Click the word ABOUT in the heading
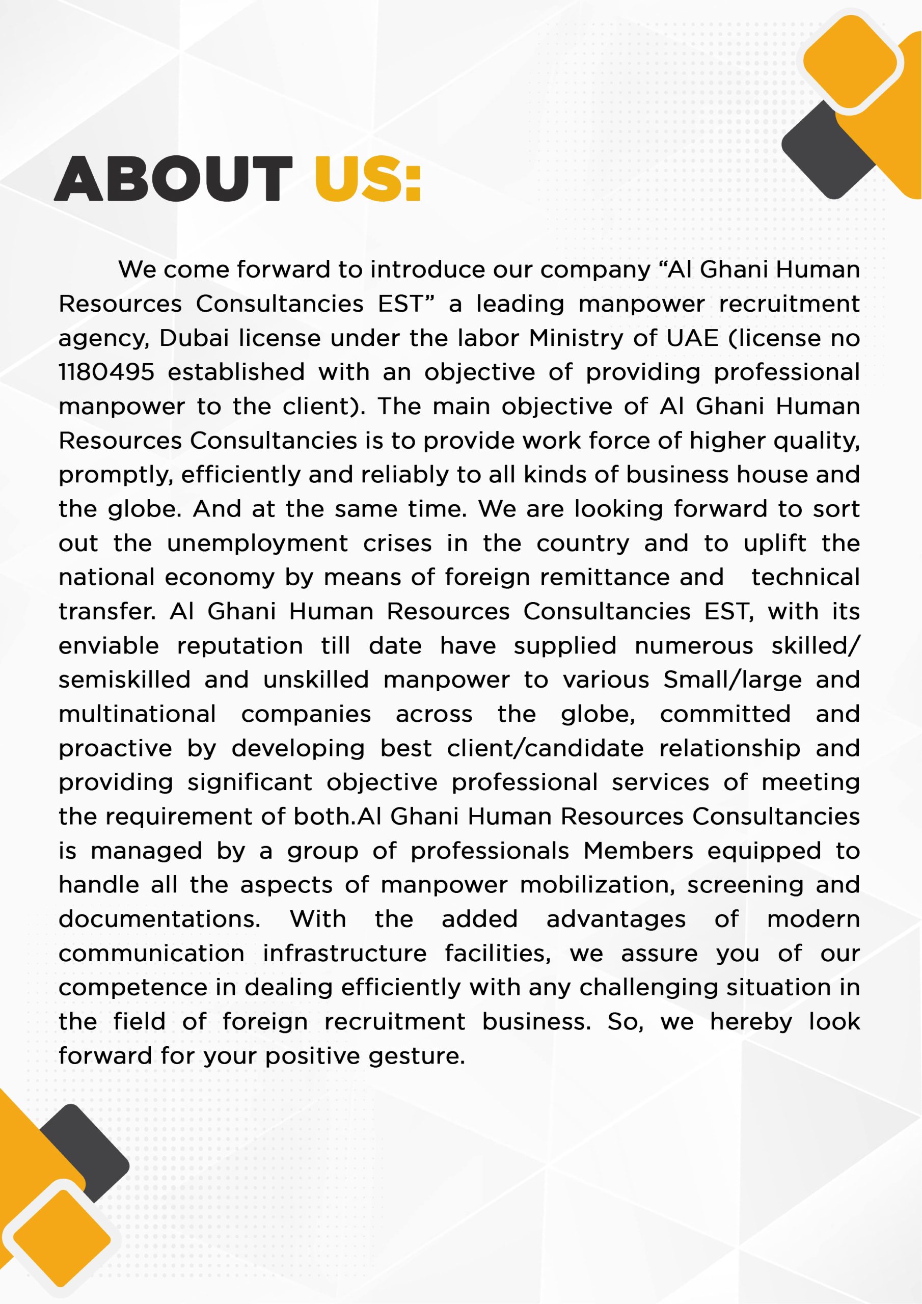point(173,179)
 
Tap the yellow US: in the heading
point(367,179)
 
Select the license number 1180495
point(106,372)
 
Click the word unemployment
point(257,544)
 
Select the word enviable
point(109,646)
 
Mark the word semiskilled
point(124,681)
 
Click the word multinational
point(137,715)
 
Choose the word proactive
point(115,749)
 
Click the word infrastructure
point(344,954)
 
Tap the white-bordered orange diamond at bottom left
point(61,1238)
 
